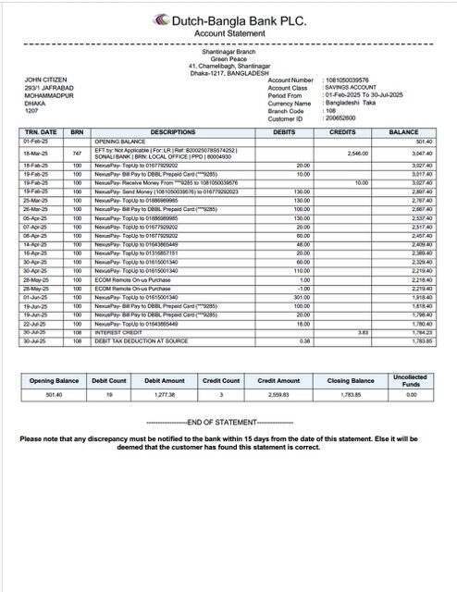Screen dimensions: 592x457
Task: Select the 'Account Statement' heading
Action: pos(228,33)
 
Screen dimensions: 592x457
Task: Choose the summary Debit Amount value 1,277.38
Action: pos(165,420)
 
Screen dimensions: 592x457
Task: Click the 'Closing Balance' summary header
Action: pos(351,406)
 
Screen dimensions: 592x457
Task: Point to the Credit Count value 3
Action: pos(221,420)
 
